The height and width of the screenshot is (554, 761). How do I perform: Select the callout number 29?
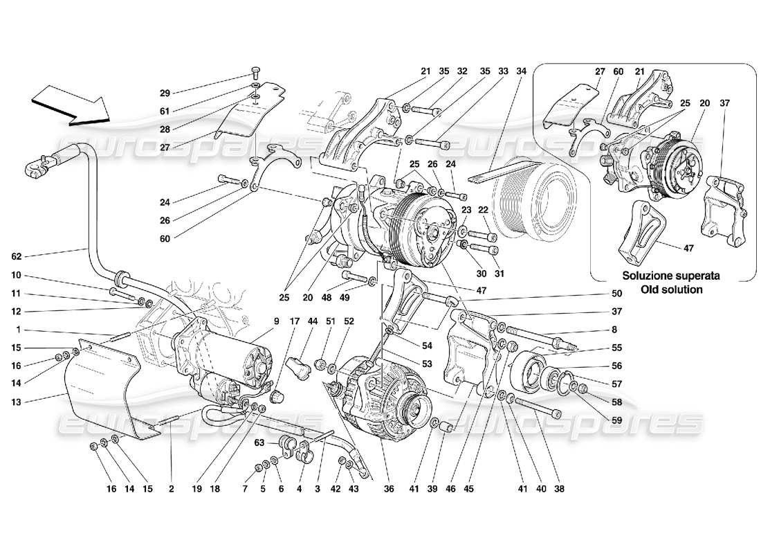click(x=164, y=92)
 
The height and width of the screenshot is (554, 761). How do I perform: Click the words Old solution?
click(x=671, y=289)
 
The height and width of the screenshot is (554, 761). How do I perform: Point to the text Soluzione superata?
click(x=671, y=276)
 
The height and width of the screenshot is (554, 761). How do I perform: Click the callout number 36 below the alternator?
click(x=389, y=489)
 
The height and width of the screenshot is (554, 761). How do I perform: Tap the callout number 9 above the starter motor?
click(x=275, y=321)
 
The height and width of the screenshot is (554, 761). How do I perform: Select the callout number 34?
click(x=522, y=71)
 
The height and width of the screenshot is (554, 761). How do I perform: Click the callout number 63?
click(x=259, y=442)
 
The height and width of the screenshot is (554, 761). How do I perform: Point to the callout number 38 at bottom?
click(x=559, y=489)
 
